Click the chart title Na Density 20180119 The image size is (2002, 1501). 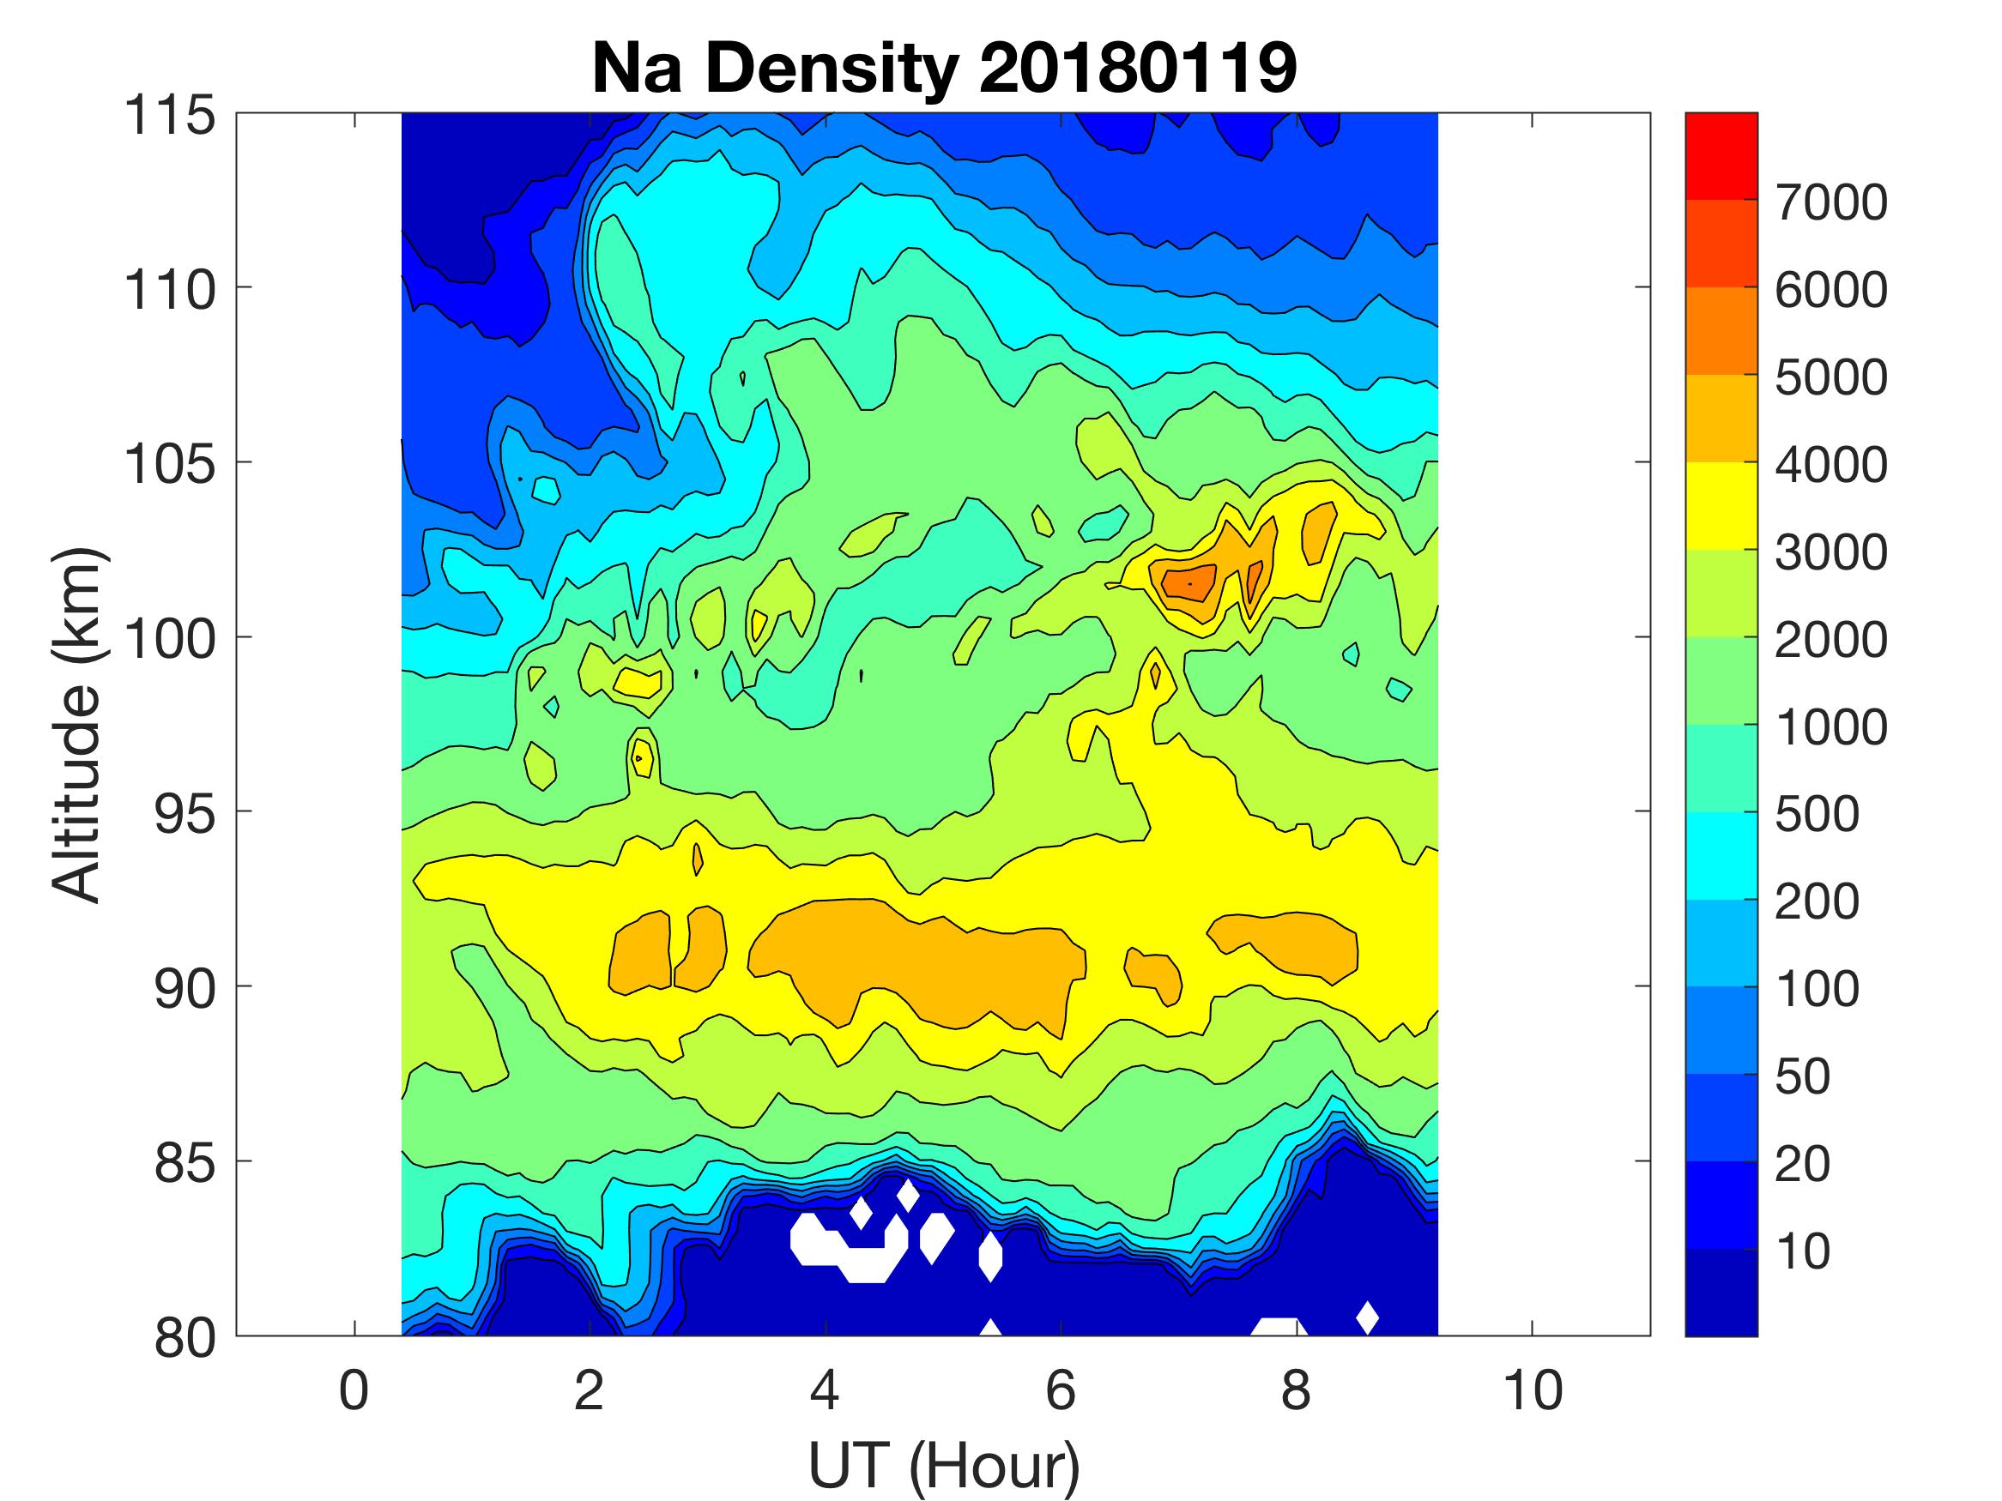944,68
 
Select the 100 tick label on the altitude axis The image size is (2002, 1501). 170,639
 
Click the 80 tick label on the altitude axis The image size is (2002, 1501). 184,1337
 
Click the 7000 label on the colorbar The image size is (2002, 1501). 1830,202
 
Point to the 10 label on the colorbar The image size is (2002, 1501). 1803,1251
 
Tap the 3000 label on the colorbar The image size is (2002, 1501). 1830,552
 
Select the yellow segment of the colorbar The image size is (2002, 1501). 1721,505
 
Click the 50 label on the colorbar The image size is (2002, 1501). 1803,1076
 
